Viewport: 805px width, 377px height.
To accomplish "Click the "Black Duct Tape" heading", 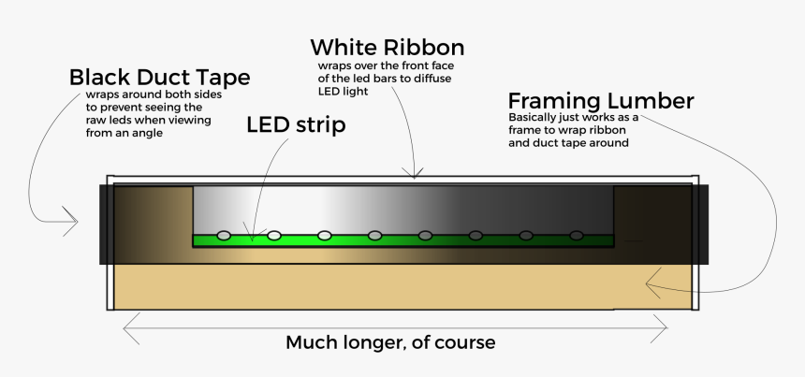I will click(x=159, y=77).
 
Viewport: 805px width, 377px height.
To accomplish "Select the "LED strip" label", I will click(x=296, y=124).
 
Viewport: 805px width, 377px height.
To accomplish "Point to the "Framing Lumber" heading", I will click(x=600, y=101).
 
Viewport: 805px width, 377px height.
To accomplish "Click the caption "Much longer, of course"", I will click(x=389, y=342).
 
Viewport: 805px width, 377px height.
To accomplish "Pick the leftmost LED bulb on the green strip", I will click(x=224, y=235).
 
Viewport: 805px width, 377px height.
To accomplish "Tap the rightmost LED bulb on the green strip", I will click(x=577, y=235).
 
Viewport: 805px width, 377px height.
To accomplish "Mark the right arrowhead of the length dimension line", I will click(x=666, y=326).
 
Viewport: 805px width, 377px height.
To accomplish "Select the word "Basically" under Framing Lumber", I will click(x=530, y=118).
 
